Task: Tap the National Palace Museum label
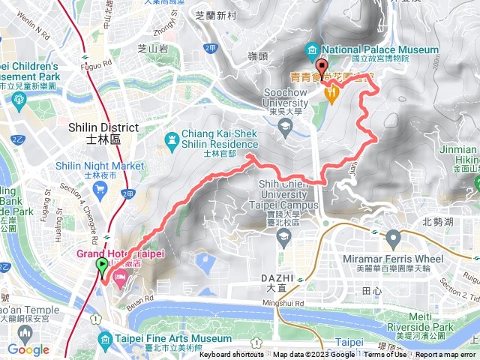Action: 381,49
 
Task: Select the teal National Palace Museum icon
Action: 313,50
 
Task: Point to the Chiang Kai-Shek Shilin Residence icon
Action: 172,139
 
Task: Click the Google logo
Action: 28,349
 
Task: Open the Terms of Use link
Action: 385,355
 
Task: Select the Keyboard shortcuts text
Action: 225,355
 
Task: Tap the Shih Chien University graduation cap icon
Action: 283,238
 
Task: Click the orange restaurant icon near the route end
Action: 330,91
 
